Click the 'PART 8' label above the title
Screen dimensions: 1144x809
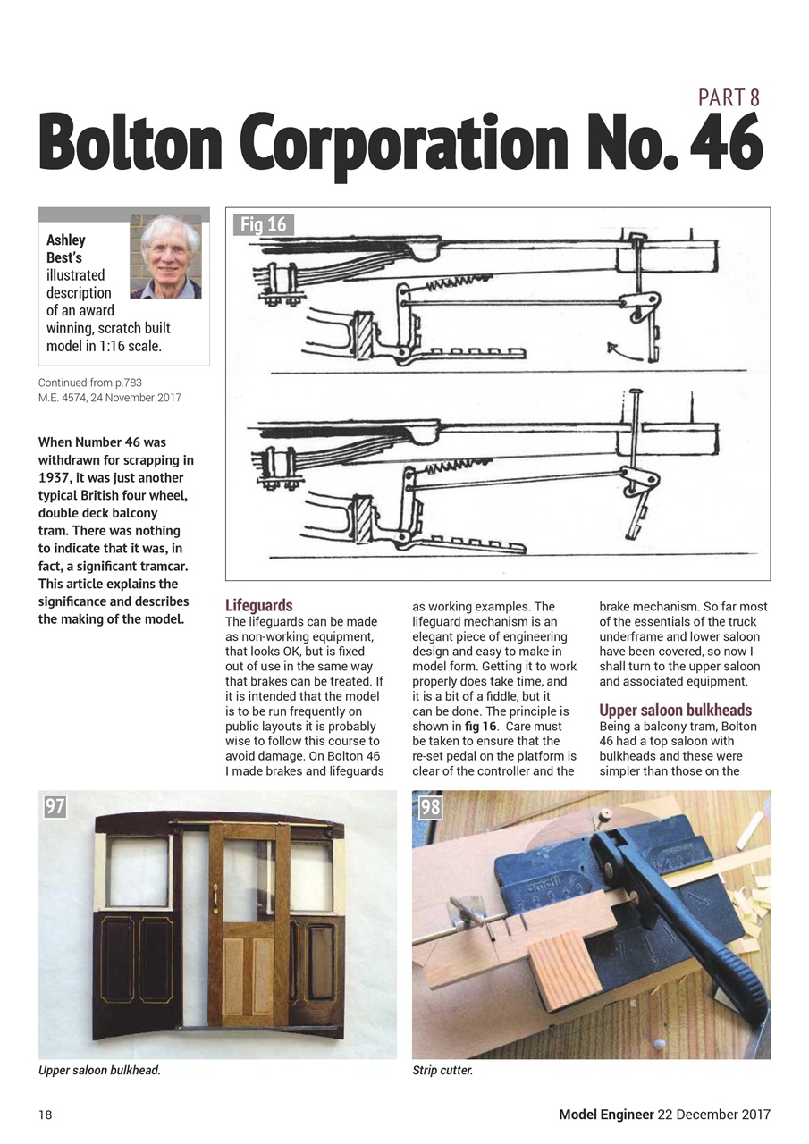729,97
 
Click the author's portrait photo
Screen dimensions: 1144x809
165,257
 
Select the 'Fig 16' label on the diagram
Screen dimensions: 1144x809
264,224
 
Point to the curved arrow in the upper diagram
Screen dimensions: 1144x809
623,351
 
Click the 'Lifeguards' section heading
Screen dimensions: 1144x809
258,605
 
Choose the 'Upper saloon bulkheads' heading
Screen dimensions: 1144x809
675,711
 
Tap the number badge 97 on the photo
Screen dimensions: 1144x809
55,806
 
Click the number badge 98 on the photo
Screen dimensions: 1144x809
430,807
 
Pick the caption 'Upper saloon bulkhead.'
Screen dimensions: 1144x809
99,1070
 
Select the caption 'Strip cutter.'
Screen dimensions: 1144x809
442,1070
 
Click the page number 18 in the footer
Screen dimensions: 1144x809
45,1115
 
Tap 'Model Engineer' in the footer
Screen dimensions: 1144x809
606,1115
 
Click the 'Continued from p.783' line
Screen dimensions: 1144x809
90,383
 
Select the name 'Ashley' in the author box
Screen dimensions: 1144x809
66,240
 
